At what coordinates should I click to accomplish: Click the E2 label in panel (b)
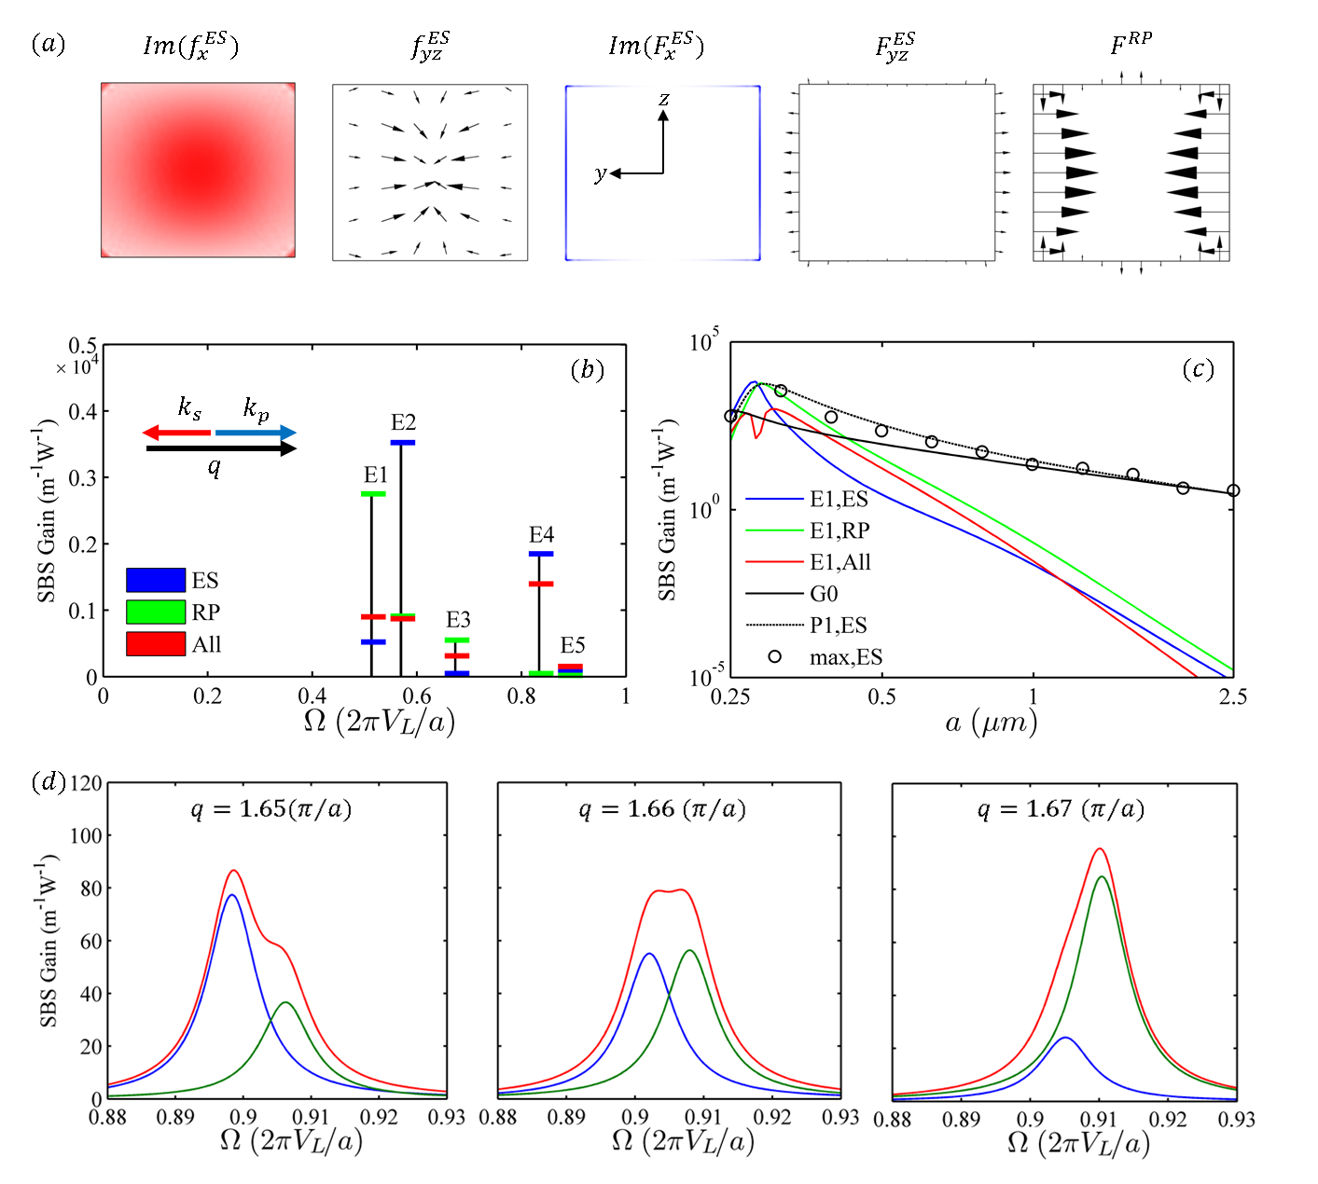(403, 422)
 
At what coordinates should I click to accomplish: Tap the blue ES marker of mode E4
(541, 554)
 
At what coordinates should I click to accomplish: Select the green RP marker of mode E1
(372, 493)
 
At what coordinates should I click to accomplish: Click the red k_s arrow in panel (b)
(176, 433)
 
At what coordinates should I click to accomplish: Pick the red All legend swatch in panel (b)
(156, 644)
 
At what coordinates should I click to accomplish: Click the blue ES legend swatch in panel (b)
(156, 580)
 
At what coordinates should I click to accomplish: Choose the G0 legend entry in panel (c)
(824, 594)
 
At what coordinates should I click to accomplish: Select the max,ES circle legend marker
(774, 656)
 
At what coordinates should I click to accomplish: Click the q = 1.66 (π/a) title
(662, 808)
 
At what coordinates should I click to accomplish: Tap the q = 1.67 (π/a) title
(1060, 808)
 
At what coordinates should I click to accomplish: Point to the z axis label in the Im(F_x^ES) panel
(663, 99)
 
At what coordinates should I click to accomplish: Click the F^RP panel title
(1131, 44)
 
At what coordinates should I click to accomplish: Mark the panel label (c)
(1198, 369)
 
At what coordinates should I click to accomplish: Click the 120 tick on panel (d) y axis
(86, 782)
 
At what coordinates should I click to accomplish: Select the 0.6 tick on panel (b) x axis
(416, 695)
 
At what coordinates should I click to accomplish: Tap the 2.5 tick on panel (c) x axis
(1232, 697)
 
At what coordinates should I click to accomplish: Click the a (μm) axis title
(991, 722)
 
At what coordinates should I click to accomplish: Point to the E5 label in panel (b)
(573, 645)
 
